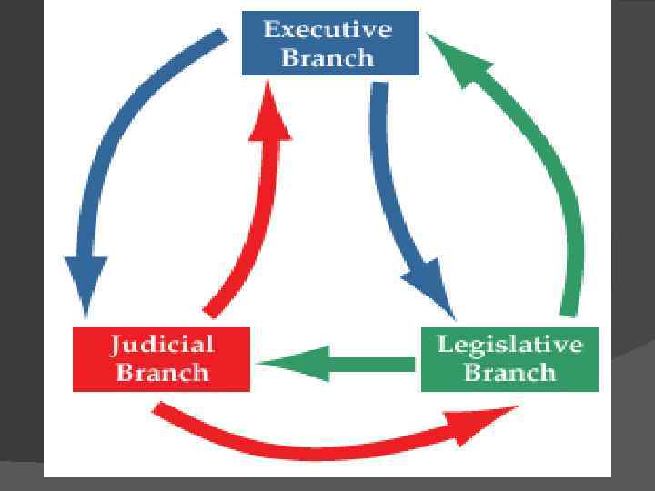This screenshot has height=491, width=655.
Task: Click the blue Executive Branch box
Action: (x=330, y=43)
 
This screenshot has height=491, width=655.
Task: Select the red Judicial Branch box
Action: (x=161, y=359)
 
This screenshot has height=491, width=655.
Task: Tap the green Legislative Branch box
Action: (x=509, y=359)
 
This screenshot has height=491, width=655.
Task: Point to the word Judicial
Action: (x=162, y=345)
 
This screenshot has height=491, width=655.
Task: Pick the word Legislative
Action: (x=509, y=345)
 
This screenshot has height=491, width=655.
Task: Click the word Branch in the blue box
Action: (x=327, y=57)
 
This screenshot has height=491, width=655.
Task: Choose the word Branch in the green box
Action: (x=509, y=373)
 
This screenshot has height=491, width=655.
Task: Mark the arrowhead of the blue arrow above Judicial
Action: (x=86, y=286)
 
